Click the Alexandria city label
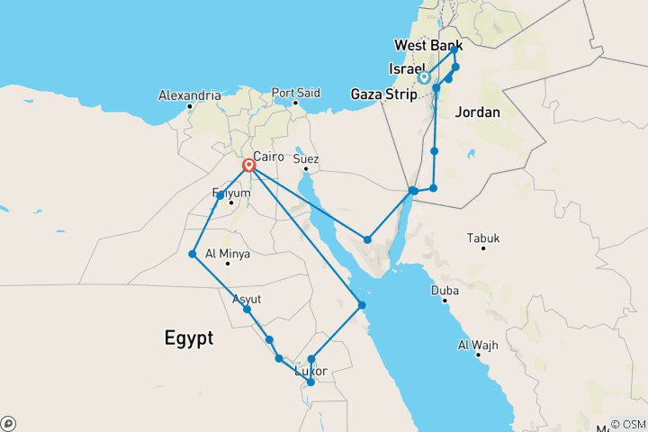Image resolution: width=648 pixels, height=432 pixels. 189,94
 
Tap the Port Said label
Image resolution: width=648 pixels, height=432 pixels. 296,92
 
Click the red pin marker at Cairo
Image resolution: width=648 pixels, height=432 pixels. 248,166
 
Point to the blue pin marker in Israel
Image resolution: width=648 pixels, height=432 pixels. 423,77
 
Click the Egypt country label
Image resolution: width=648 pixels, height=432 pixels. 189,338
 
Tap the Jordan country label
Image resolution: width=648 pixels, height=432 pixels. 478,112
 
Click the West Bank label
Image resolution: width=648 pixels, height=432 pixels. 428,45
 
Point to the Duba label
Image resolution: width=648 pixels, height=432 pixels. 445,291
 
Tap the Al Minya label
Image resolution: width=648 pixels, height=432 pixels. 227,254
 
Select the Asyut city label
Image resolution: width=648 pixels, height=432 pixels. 247,298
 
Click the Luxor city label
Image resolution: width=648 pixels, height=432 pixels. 311,371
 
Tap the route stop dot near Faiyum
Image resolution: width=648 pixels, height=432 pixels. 220,195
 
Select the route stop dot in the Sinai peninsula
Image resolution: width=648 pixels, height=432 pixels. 367,238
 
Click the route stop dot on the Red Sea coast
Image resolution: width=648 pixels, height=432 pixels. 362,305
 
